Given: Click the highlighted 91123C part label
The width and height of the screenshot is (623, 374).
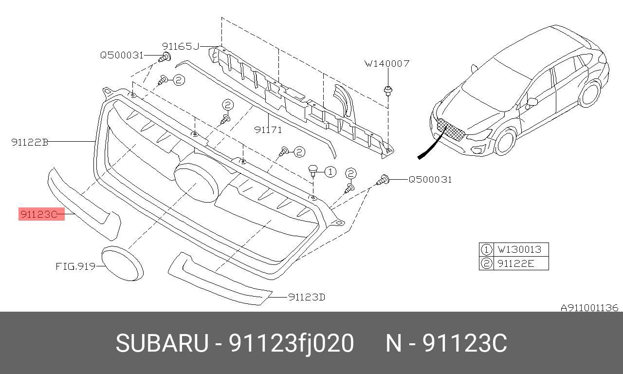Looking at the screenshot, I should [x=41, y=214].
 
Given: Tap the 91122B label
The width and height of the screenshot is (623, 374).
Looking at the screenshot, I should [x=30, y=142].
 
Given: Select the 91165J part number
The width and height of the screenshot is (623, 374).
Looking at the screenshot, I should [x=181, y=46].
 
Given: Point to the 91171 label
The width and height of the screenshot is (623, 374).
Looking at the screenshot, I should [x=268, y=130].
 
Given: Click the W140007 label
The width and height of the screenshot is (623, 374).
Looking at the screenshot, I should [x=387, y=63].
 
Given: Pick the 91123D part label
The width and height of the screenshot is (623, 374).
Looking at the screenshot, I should [x=306, y=297].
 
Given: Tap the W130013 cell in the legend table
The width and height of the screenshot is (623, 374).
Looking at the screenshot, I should [x=519, y=250].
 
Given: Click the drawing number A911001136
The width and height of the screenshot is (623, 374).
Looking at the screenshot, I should [x=589, y=308].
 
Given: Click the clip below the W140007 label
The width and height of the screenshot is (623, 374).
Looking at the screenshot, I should [x=388, y=90].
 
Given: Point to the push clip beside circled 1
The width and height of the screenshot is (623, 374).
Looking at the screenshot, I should [x=313, y=170].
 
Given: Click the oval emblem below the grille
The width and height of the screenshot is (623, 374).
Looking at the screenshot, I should [x=122, y=263].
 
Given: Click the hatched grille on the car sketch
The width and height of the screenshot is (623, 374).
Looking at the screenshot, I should [x=451, y=129].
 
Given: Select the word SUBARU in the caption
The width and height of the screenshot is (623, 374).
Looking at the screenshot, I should [x=162, y=343].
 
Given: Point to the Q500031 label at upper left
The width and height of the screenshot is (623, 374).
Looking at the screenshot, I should [x=122, y=55].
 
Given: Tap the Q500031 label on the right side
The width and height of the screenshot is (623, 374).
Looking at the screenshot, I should [x=430, y=179].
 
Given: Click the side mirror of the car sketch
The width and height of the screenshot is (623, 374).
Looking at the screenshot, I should [x=531, y=102].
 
